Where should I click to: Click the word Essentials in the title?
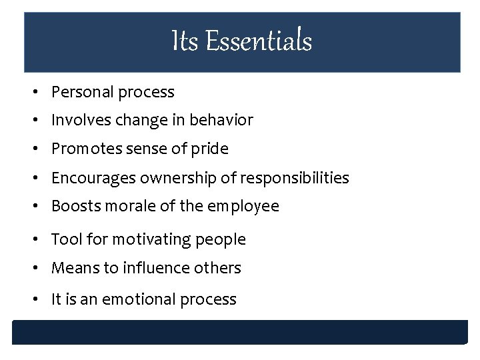[x=259, y=41]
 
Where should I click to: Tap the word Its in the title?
[x=185, y=41]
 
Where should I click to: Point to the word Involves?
[x=77, y=120]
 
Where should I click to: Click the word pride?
[x=209, y=149]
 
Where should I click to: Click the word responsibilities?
[x=295, y=178]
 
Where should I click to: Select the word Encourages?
[x=90, y=178]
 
